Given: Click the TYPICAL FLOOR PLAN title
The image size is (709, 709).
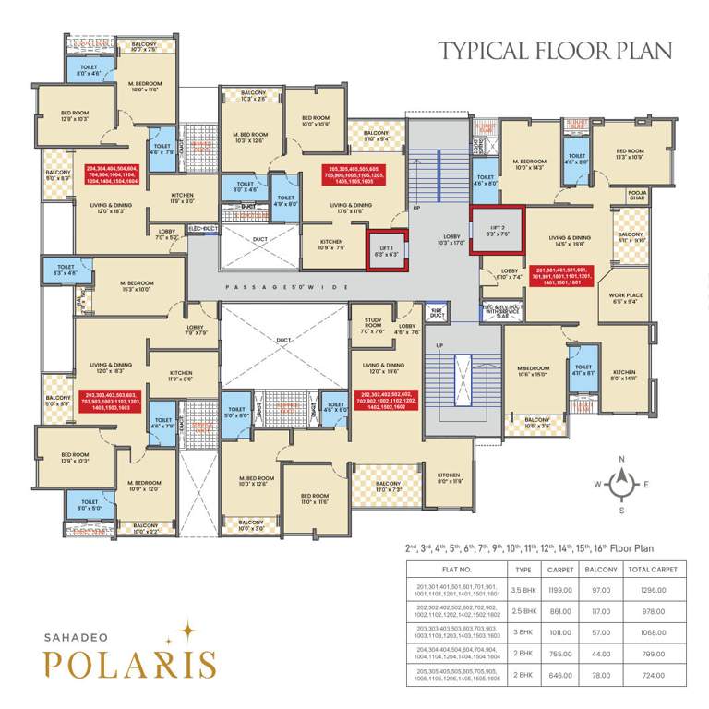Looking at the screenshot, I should click(555, 50).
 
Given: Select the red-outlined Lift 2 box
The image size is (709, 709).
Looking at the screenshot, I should click(496, 232).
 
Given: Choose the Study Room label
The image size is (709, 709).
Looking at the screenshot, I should click(373, 323).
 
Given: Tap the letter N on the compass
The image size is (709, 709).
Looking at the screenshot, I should click(622, 459).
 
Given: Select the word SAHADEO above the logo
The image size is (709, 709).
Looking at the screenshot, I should click(78, 635).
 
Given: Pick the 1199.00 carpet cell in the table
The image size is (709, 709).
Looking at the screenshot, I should click(560, 588).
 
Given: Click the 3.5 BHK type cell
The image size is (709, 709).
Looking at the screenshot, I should click(523, 588).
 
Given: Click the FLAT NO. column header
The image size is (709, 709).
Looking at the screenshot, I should click(458, 570).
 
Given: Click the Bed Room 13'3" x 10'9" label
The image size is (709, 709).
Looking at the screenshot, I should click(630, 155).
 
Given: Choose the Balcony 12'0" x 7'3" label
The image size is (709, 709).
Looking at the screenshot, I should click(388, 487).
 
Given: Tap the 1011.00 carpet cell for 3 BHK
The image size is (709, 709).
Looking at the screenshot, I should click(560, 632).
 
